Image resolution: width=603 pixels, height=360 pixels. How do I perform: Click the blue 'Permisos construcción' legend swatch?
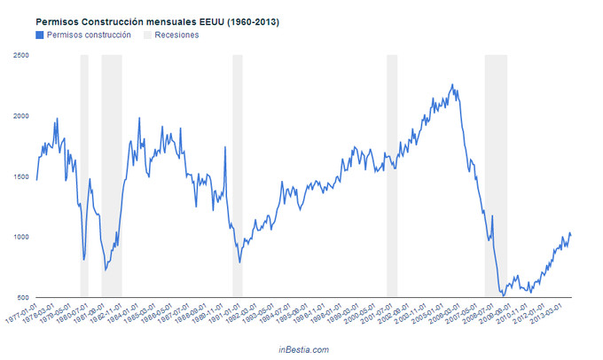(39, 35)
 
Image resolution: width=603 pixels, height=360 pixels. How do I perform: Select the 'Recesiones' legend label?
(176, 35)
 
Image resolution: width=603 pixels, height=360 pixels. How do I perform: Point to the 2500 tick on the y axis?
(20, 56)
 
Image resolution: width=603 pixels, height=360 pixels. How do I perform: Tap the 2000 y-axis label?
(20, 116)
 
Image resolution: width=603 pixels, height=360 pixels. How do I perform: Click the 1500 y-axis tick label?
(20, 176)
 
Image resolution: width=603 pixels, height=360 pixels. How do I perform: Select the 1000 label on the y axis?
(20, 237)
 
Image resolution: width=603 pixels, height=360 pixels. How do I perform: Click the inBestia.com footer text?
(303, 349)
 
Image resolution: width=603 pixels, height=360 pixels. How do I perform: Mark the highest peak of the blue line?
(452, 85)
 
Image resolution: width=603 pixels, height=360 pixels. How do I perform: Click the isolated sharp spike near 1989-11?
(224, 147)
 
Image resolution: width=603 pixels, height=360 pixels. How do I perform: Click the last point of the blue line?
(570, 234)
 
